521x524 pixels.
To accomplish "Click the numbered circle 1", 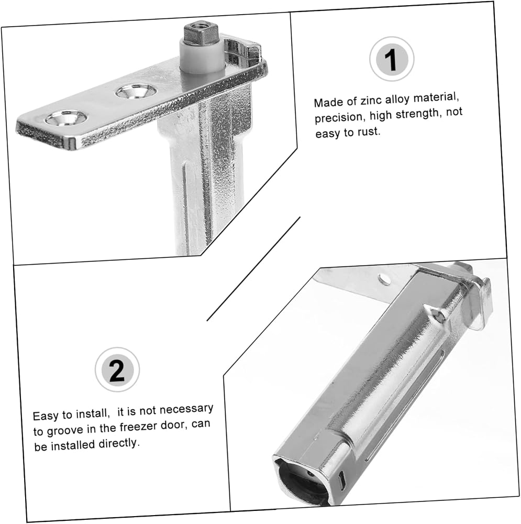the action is [392, 59].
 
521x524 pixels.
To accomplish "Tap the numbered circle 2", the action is [117, 369].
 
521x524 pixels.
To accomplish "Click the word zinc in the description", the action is [371, 100].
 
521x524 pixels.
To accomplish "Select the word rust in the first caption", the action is [369, 132].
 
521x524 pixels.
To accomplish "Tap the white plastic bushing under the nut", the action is [203, 57].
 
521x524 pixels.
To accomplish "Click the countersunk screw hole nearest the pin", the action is [136, 91].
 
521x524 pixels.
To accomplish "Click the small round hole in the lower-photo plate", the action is [385, 279].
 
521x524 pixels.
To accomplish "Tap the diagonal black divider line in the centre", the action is [253, 269].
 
